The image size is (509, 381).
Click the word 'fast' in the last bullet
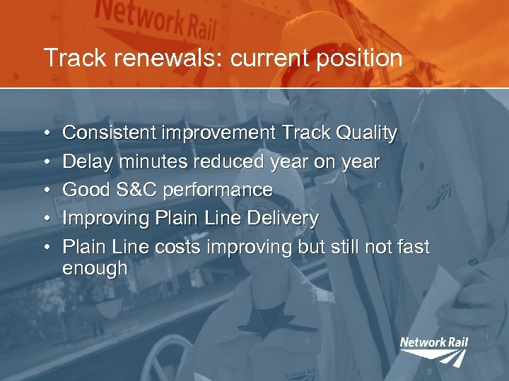click(x=413, y=248)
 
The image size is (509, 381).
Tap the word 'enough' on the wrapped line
click(x=95, y=269)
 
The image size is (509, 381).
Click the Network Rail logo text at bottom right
click(x=433, y=343)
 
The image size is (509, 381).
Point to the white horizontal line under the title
click(x=255, y=88)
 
